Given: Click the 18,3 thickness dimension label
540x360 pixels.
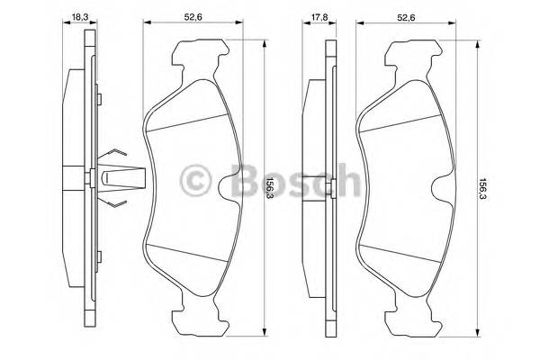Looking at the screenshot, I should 79,15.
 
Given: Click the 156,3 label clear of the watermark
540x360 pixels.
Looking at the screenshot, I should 482,188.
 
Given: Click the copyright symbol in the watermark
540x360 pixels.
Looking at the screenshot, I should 194,184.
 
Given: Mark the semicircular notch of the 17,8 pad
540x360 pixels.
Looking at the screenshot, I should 442,189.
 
